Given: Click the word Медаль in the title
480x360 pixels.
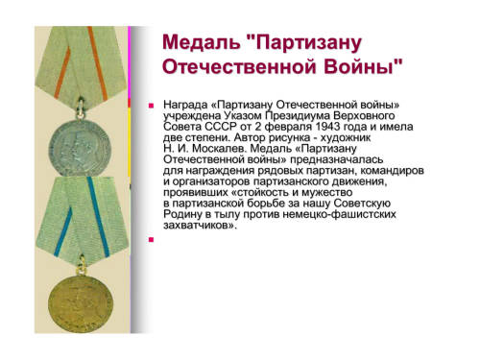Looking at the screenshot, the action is [202, 42].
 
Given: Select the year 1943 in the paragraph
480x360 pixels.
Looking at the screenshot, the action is [327, 127].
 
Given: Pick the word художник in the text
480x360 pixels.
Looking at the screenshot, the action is [346, 138].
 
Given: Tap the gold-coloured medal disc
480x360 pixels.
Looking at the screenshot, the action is [81, 303].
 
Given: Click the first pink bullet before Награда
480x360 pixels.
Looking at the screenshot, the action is [151, 106].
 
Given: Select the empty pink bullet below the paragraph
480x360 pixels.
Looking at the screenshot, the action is [151, 239].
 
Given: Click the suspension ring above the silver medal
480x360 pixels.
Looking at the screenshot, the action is [81, 109].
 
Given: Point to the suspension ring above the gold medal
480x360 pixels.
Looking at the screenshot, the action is [82, 265].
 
